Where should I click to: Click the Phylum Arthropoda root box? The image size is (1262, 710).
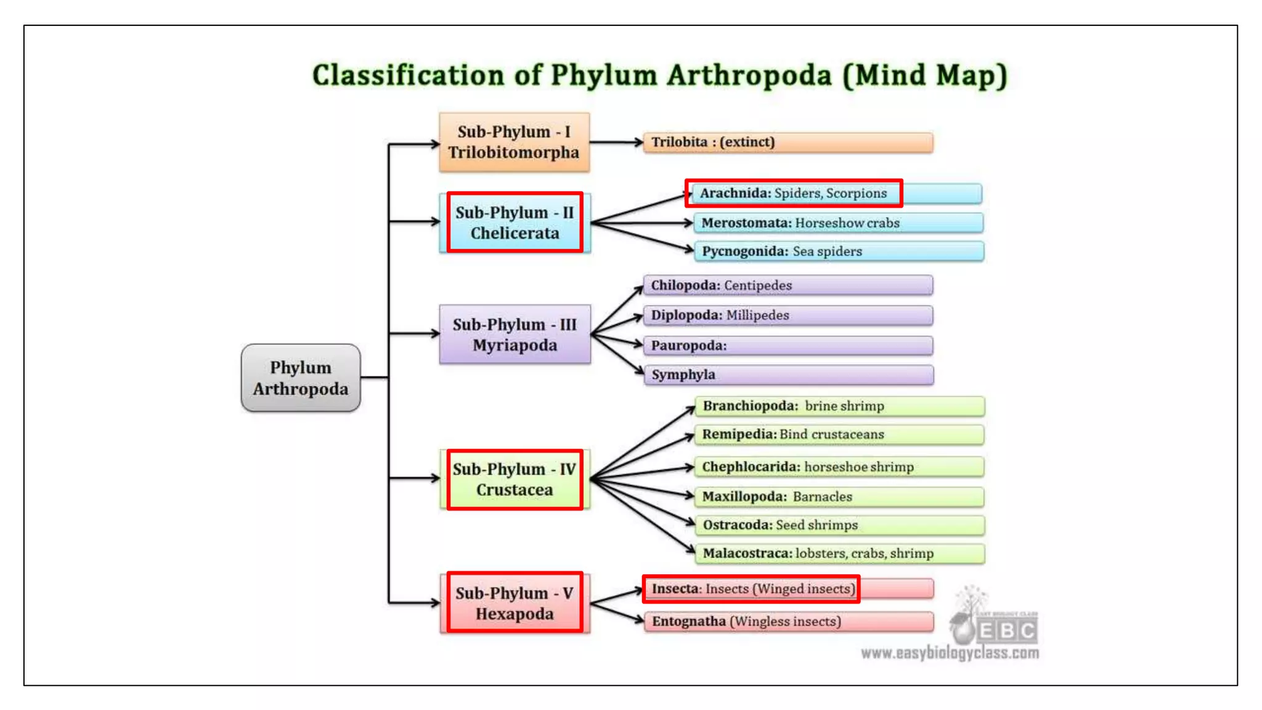301,378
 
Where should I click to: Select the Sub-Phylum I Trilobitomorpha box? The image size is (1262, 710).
514,142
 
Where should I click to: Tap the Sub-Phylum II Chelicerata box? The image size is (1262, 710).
515,222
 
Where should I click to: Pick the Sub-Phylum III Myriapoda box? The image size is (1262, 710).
515,334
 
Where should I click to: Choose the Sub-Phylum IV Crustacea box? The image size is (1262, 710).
515,479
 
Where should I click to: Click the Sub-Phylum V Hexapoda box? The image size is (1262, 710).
515,603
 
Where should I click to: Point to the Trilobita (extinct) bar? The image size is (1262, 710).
788,142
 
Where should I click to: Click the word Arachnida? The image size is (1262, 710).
735,194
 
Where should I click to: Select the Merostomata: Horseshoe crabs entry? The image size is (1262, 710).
838,223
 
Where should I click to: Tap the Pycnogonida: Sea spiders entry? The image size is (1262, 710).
838,251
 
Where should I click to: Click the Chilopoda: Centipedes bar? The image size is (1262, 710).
788,285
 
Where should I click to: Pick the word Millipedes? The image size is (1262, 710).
757,316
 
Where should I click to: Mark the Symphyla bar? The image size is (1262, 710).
788,375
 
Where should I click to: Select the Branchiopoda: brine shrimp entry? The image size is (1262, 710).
839,406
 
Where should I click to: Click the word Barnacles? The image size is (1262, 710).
822,497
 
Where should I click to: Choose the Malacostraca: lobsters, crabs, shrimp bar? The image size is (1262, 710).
839,553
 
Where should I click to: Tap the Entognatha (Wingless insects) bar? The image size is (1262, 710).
788,621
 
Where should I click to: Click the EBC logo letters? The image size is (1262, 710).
1007,631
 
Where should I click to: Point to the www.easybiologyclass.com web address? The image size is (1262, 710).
950,653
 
